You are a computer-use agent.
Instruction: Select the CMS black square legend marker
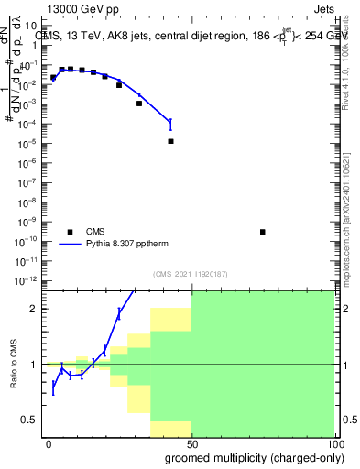pyautogui.click(x=70, y=232)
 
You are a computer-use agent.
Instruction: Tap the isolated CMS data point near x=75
pyautogui.click(x=262, y=232)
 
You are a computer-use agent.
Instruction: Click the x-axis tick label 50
pyautogui.click(x=191, y=444)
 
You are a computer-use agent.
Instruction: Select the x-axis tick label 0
pyautogui.click(x=49, y=444)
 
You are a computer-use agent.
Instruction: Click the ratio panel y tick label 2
pyautogui.click(x=35, y=309)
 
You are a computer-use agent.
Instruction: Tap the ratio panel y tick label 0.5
pyautogui.click(x=31, y=420)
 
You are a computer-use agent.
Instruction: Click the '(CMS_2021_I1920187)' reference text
pyautogui.click(x=190, y=273)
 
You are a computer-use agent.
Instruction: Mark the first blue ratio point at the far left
pyautogui.click(x=53, y=387)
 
